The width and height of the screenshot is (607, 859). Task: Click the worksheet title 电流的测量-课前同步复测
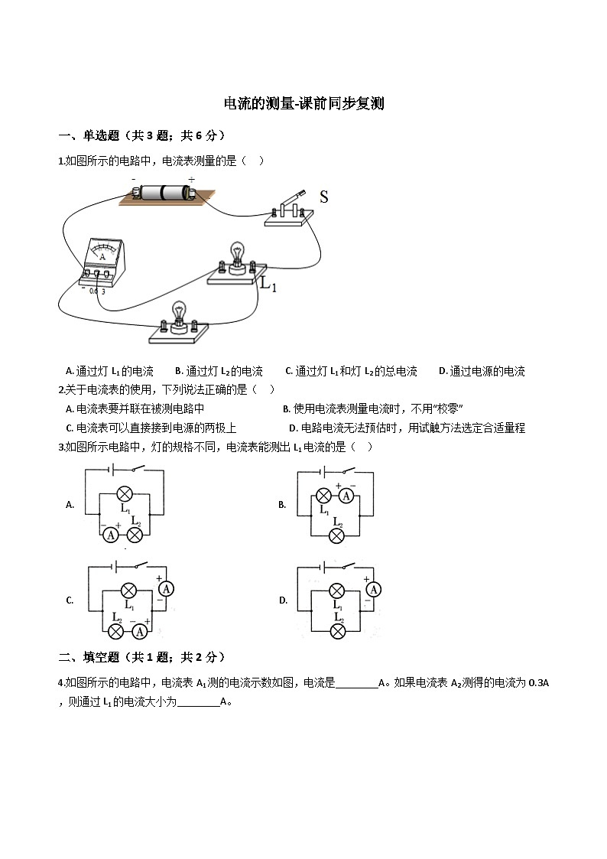pyautogui.click(x=303, y=103)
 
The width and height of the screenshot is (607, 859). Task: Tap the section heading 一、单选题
pyautogui.click(x=89, y=135)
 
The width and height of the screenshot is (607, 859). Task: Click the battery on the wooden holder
pyautogui.click(x=164, y=192)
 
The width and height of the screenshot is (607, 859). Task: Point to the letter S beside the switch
pyautogui.click(x=323, y=197)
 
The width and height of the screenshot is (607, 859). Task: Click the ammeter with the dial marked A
pyautogui.click(x=102, y=262)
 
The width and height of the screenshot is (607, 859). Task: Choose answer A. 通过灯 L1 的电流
pyautogui.click(x=109, y=372)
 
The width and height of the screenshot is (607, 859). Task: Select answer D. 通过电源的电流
pyautogui.click(x=482, y=372)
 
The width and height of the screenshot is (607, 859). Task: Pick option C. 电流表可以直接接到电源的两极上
pyautogui.click(x=151, y=428)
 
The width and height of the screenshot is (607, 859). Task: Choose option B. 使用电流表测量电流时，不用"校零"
pyautogui.click(x=373, y=408)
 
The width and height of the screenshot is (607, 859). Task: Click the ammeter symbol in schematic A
pyautogui.click(x=111, y=535)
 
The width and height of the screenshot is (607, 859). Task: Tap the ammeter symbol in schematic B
pyautogui.click(x=346, y=496)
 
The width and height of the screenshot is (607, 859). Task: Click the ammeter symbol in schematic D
pyautogui.click(x=374, y=590)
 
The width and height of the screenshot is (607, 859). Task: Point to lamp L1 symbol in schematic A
pyautogui.click(x=125, y=494)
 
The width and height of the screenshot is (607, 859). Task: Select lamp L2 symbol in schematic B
pyautogui.click(x=336, y=535)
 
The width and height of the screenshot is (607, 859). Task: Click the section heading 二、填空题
pyautogui.click(x=89, y=657)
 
